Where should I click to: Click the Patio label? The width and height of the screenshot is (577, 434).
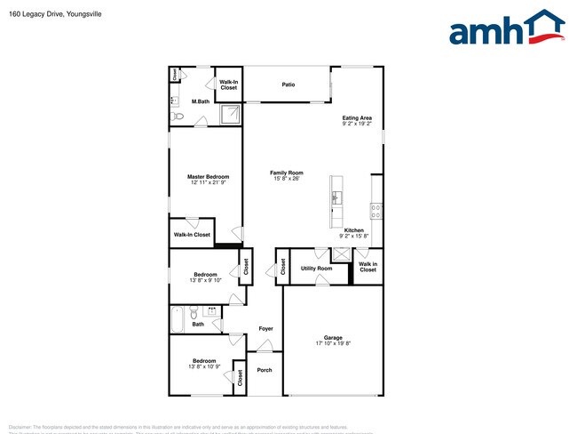288,84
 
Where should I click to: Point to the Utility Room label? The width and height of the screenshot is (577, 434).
316,268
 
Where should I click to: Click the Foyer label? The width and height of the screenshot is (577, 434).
265,329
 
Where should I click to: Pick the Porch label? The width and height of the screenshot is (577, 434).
265,370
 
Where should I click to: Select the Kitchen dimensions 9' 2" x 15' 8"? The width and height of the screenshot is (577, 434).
354,236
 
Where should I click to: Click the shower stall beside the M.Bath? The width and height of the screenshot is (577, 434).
231,113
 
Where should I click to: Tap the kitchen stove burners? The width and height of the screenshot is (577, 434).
376,211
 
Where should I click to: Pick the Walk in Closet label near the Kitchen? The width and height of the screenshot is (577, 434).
368,266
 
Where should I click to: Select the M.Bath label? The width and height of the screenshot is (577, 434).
201,101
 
